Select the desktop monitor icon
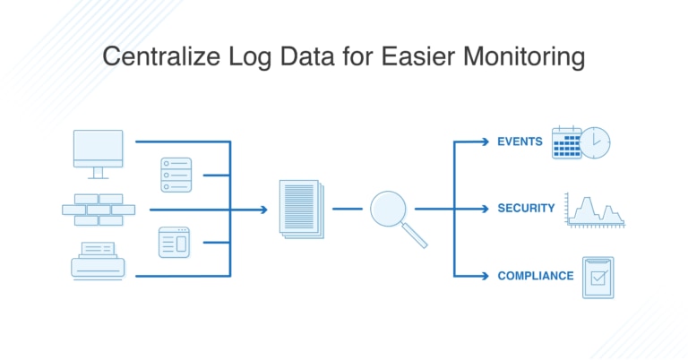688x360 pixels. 99,153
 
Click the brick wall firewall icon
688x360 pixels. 99,210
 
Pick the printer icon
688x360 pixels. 98,261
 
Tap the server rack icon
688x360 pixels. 176,175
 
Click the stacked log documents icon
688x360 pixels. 301,208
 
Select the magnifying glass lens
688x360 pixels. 389,208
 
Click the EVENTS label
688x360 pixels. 520,141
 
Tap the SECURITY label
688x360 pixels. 526,209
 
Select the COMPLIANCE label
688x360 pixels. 535,276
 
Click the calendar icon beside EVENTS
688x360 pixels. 566,142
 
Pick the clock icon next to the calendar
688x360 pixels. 595,141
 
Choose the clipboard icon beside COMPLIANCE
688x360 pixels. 598,277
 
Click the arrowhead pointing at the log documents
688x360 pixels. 263,210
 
